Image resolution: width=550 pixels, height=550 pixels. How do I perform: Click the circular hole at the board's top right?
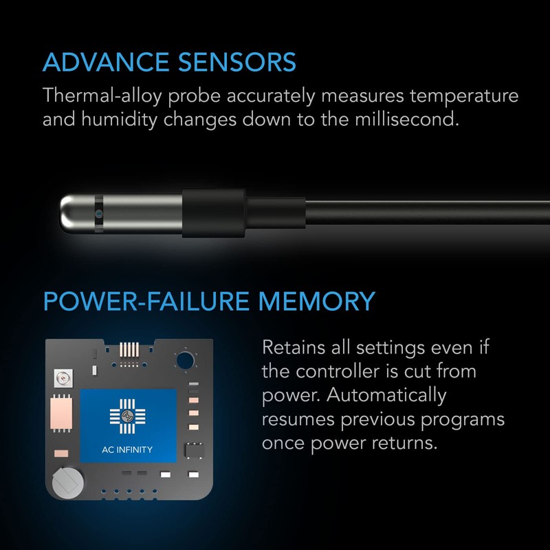tap(184, 360)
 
